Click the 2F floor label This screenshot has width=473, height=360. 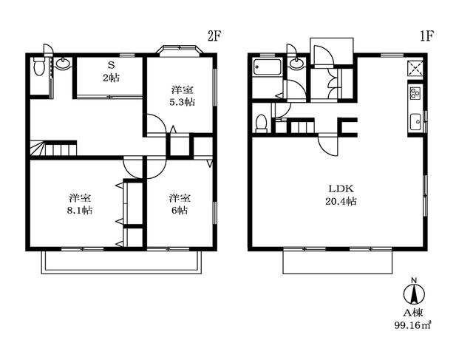[x=214, y=37]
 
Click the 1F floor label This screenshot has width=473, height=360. [x=426, y=37]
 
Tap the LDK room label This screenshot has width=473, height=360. [x=341, y=189]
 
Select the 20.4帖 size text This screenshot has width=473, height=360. [x=341, y=201]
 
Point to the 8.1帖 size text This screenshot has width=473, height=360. [x=80, y=211]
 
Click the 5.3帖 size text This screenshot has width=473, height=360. [x=182, y=102]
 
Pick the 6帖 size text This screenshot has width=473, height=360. [x=180, y=211]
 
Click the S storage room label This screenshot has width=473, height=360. [x=111, y=66]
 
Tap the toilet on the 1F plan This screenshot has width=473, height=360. [x=261, y=123]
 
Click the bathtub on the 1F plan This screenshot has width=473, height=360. [x=268, y=67]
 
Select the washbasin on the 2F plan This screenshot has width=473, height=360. [x=63, y=63]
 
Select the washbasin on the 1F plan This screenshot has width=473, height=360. [x=296, y=63]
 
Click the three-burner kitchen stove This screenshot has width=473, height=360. [x=415, y=92]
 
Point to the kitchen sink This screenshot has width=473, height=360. [x=416, y=122]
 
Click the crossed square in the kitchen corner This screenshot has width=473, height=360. [x=415, y=67]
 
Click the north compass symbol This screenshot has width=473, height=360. [x=414, y=292]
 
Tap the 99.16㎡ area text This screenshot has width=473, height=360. [x=412, y=325]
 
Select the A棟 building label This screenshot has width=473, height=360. [x=413, y=313]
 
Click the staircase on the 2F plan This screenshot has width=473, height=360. [x=53, y=148]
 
